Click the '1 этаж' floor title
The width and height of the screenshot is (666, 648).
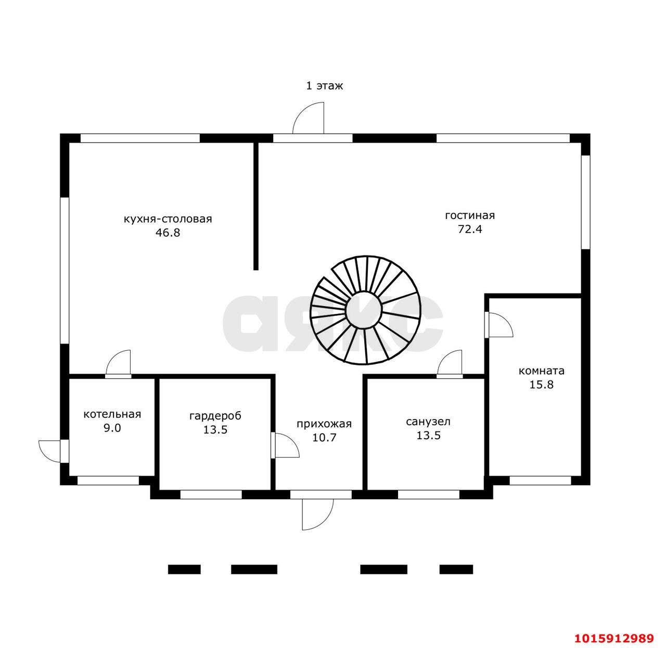[324, 85]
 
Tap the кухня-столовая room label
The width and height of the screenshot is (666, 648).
[168, 219]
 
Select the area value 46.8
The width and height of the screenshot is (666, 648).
[168, 233]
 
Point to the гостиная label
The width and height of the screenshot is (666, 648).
[469, 215]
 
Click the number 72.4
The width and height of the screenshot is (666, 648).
[470, 229]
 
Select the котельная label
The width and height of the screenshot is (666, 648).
[112, 414]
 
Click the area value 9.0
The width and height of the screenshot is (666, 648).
[112, 428]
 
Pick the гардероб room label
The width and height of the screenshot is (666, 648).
[215, 416]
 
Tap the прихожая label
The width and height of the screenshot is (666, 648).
[324, 424]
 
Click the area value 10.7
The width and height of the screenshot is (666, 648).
[325, 438]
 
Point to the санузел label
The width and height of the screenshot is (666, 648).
[428, 422]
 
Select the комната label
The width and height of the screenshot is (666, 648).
[542, 371]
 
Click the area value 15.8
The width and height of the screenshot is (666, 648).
[542, 385]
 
